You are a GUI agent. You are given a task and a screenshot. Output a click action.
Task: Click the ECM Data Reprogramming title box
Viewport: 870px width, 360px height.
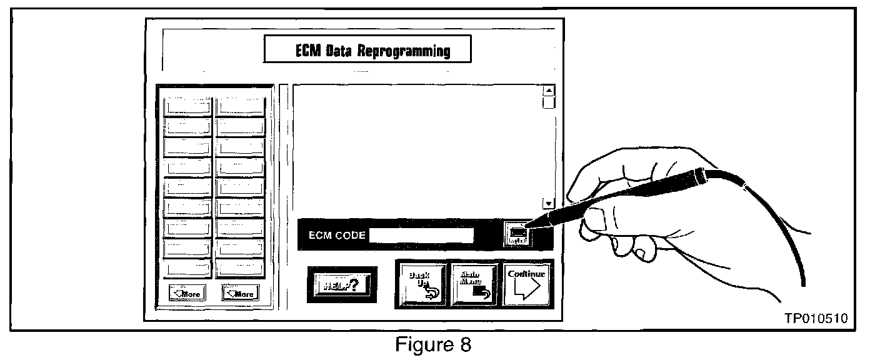click(x=366, y=50)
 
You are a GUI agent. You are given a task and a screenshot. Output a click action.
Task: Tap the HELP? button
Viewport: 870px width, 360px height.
click(x=342, y=284)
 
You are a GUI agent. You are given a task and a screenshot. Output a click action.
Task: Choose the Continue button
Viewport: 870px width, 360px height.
click(x=526, y=284)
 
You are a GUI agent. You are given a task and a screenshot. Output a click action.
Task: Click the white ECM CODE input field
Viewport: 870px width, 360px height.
click(x=421, y=236)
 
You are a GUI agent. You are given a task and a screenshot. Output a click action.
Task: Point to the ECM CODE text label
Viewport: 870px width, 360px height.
click(x=337, y=236)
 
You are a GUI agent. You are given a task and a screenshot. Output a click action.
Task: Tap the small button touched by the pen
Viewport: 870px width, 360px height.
click(x=518, y=235)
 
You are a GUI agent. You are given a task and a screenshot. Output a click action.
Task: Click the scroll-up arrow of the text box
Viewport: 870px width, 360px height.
click(x=549, y=90)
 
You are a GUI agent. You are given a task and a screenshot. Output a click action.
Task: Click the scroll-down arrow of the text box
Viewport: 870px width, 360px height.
click(x=549, y=204)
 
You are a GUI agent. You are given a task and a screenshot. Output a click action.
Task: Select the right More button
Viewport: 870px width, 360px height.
click(x=240, y=292)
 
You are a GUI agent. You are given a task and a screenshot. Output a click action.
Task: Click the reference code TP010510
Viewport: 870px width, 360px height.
click(x=816, y=319)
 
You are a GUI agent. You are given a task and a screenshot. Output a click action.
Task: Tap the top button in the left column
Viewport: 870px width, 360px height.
click(x=187, y=106)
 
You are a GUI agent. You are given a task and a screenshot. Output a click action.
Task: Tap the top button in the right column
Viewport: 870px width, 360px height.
click(x=241, y=106)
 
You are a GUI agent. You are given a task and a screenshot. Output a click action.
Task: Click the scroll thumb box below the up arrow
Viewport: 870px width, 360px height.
click(x=549, y=102)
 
